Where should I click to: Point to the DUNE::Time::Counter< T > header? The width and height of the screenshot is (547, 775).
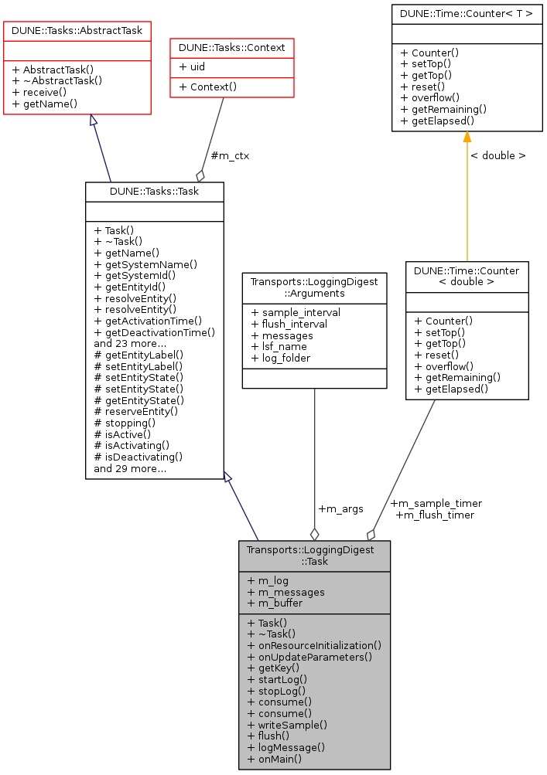point(467,14)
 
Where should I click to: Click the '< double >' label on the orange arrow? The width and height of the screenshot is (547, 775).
point(497,155)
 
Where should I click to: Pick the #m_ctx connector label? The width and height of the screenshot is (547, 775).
point(230,155)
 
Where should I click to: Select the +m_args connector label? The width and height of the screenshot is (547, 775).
point(340,508)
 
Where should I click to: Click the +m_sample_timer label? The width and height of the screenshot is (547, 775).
point(436,504)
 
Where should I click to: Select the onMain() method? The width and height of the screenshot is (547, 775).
point(274,759)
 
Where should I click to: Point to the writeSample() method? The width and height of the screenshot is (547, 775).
point(287,725)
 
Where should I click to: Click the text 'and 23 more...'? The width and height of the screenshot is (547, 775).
point(130,343)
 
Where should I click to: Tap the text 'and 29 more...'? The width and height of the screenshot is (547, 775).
point(130,468)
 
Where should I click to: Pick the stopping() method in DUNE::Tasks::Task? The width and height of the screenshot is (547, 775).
point(125,423)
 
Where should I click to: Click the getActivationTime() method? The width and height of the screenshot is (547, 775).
point(147,320)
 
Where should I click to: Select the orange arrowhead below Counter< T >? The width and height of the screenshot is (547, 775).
point(467,137)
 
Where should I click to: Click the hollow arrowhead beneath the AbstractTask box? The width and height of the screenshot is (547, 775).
point(93,121)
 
